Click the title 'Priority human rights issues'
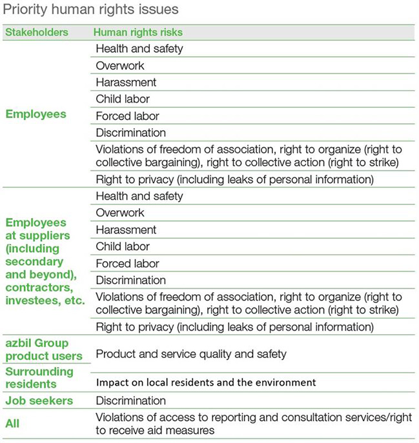91,10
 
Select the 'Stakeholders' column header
37,32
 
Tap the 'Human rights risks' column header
138,32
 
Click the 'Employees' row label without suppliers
36,114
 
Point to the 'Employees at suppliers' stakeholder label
45,261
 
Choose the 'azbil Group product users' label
44,349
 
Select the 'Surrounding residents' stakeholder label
39,377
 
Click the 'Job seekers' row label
39,400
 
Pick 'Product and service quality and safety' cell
191,353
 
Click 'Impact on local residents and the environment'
206,382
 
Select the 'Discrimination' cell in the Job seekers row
130,400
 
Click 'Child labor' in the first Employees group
123,99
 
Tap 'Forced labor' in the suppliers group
127,263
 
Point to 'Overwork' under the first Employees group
120,66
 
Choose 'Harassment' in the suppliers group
126,230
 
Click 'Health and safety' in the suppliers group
139,196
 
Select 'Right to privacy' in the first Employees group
234,179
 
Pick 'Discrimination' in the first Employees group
130,133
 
